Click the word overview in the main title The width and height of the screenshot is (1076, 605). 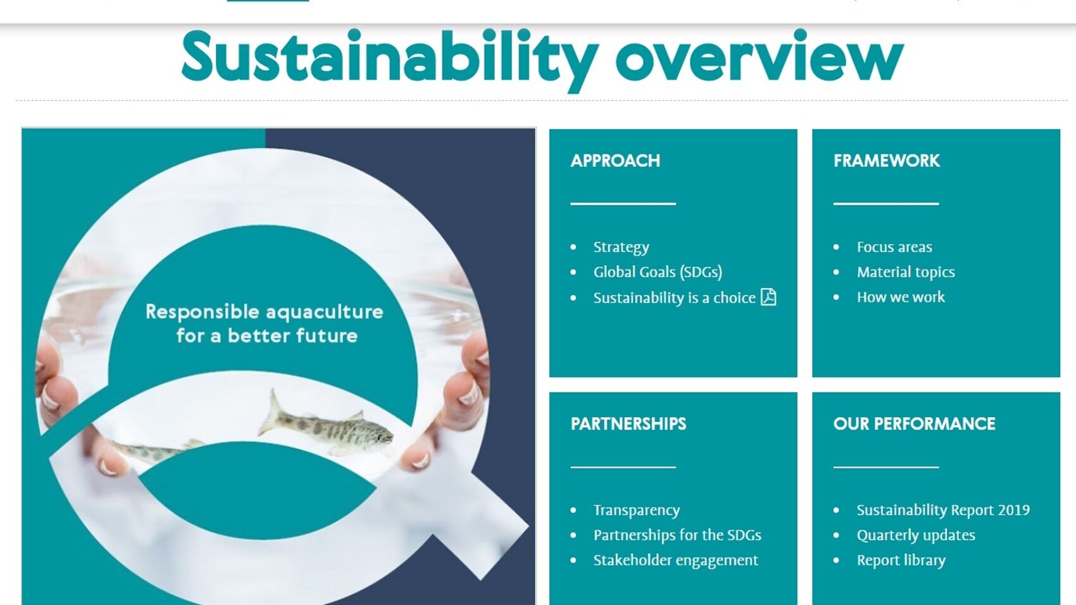[760, 58]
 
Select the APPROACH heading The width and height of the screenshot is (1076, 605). [615, 161]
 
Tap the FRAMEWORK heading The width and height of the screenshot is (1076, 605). [886, 161]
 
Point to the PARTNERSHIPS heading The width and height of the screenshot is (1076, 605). [629, 424]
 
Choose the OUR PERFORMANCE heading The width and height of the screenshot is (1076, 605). [914, 424]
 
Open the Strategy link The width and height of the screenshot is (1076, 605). [621, 247]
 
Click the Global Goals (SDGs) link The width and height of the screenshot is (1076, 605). [658, 272]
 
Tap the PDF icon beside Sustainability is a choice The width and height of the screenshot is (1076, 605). [768, 297]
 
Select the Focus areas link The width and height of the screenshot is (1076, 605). [894, 247]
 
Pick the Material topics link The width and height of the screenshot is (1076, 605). [906, 272]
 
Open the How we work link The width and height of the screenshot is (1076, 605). [901, 297]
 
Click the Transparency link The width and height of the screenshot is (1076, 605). [637, 510]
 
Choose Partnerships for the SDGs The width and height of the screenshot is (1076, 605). [677, 535]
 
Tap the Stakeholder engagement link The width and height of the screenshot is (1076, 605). [676, 560]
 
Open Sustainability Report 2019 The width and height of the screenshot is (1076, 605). [943, 510]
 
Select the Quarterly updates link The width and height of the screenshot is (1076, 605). [916, 535]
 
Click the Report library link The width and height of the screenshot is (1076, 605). [901, 560]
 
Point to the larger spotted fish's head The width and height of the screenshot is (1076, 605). [380, 436]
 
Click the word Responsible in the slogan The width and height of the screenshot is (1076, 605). [203, 312]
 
